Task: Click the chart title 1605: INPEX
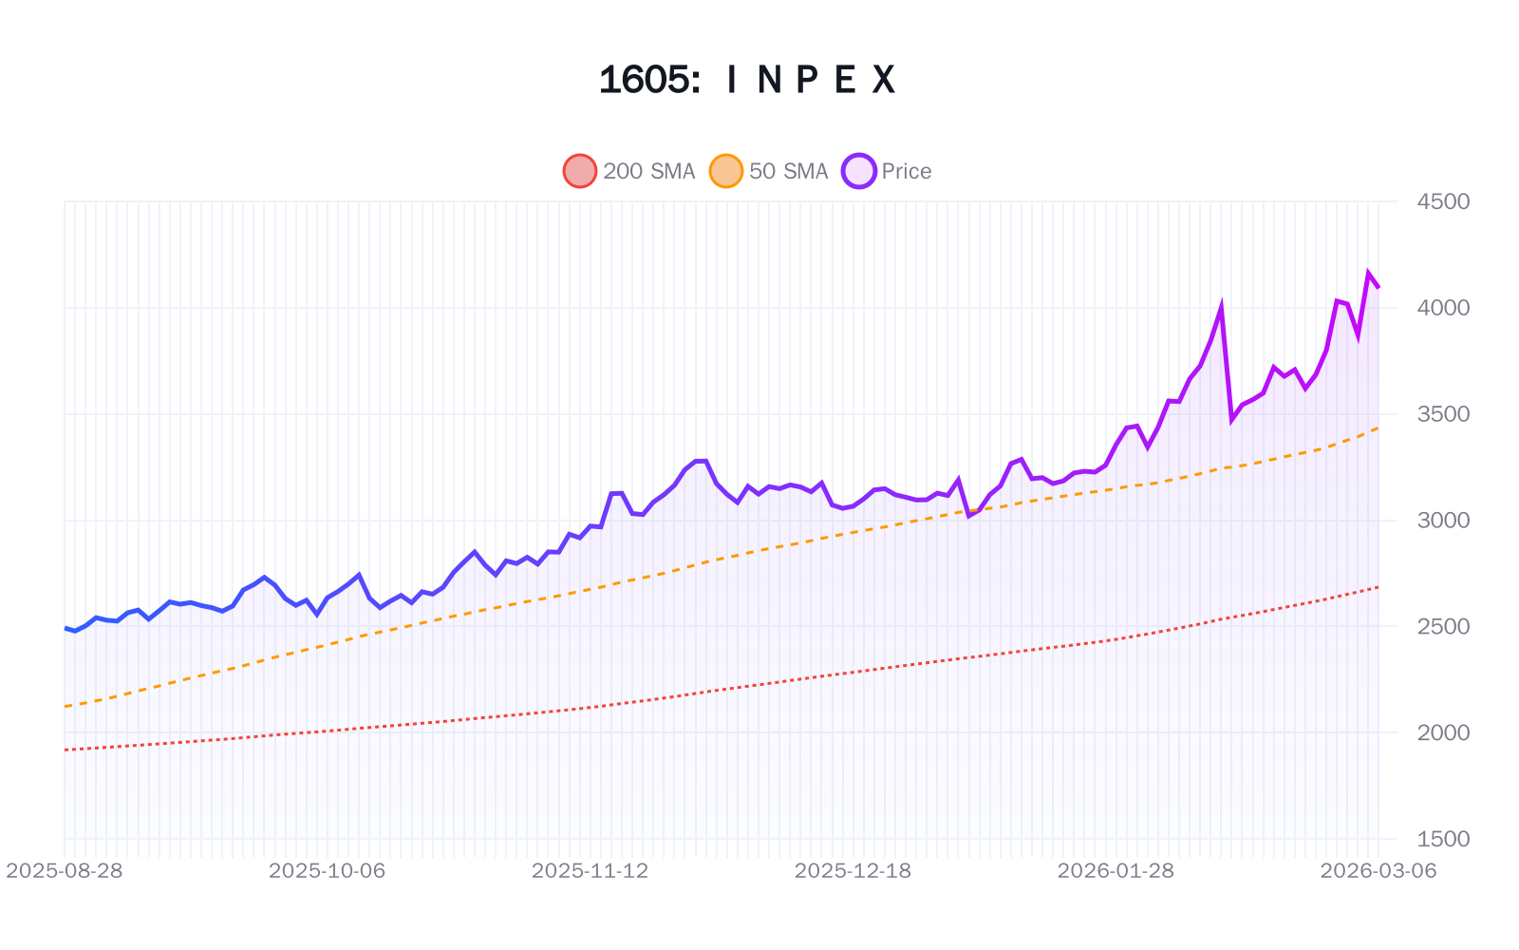[747, 80]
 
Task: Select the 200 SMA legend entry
[628, 171]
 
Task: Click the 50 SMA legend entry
[769, 171]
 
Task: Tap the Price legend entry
[887, 171]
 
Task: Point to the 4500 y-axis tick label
[1442, 201]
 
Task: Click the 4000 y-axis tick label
[1442, 308]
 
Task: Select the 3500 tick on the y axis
[1442, 414]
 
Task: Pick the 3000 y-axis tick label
[1442, 520]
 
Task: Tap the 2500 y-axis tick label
[1442, 626]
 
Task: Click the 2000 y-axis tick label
[1442, 732]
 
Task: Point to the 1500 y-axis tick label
[1442, 839]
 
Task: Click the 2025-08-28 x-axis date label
[65, 870]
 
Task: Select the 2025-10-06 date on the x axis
[328, 870]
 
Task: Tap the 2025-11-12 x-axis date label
[590, 870]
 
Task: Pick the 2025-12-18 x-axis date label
[853, 870]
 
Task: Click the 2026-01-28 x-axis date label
[1116, 870]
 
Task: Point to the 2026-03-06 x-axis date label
[1378, 870]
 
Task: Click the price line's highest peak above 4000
[1368, 273]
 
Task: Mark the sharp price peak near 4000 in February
[1221, 306]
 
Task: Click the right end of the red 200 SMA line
[1378, 587]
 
